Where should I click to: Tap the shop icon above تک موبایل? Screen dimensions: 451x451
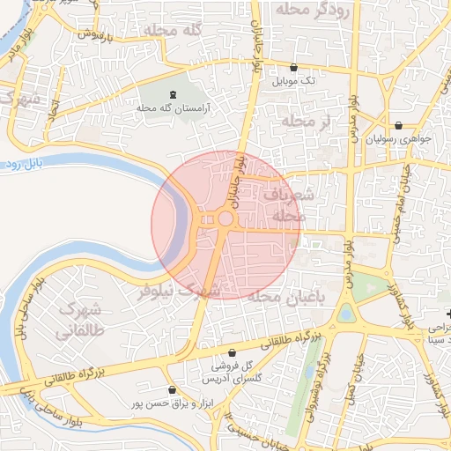click(x=293, y=68)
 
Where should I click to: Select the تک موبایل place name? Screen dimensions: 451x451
click(x=293, y=81)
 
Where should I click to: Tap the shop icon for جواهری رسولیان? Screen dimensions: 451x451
click(x=401, y=125)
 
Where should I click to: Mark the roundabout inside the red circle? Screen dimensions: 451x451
click(x=225, y=218)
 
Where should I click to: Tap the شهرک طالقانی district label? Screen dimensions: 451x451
click(x=79, y=321)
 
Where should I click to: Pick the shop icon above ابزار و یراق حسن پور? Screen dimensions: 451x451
click(x=171, y=389)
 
